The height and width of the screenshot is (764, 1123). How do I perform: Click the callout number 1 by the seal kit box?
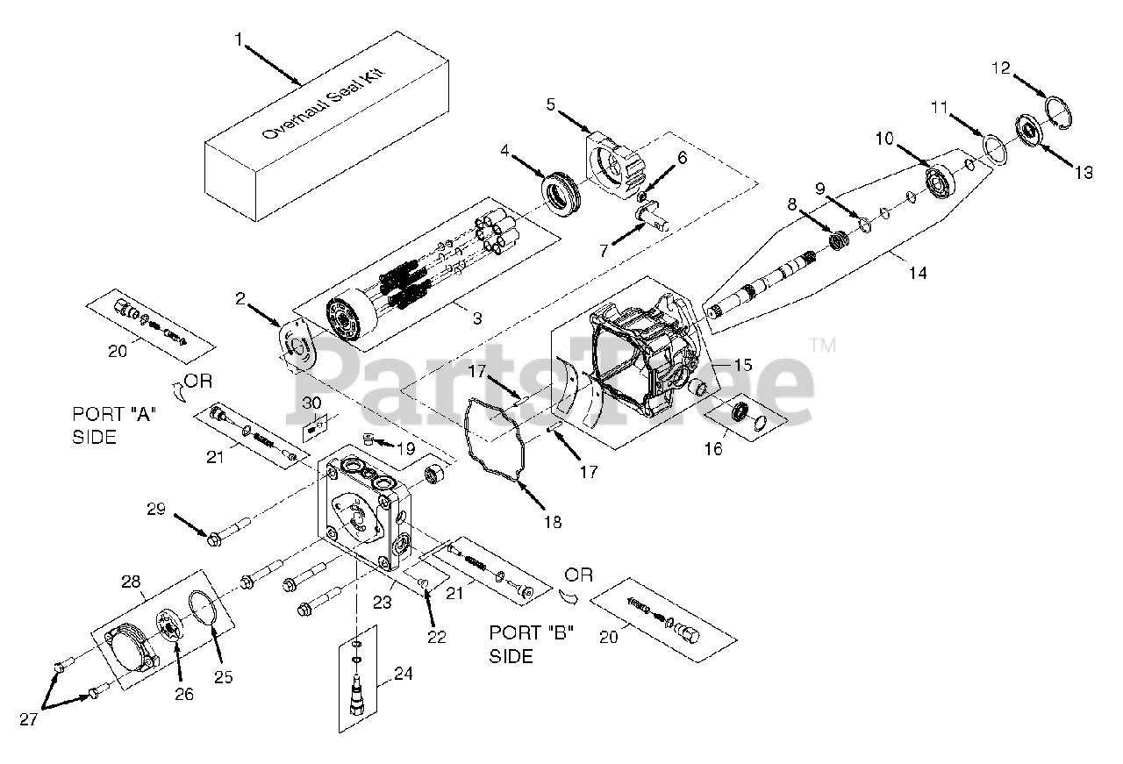[x=238, y=39]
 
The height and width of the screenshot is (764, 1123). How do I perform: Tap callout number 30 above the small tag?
[x=311, y=402]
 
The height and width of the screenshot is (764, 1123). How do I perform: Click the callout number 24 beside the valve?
[x=403, y=675]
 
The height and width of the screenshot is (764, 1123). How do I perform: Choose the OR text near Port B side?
[x=579, y=575]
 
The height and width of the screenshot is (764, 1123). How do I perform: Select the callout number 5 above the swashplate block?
[x=550, y=105]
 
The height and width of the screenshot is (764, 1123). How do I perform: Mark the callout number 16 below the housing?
[x=715, y=449]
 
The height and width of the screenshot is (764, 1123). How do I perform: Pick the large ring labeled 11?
[x=992, y=146]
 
